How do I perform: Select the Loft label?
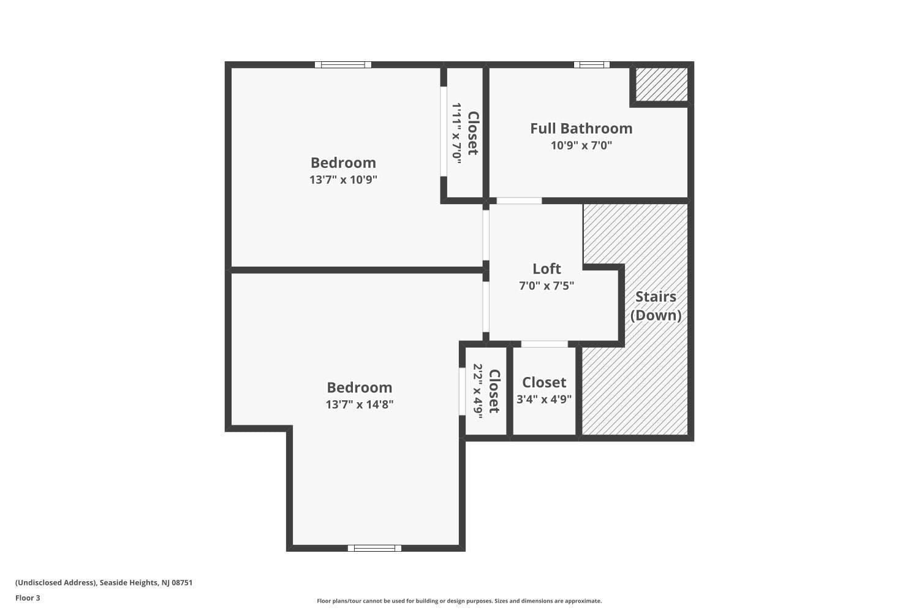pos(546,269)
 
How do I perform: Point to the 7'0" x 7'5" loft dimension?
pos(546,286)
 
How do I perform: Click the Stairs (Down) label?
pos(656,306)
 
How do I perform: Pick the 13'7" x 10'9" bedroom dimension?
pos(343,180)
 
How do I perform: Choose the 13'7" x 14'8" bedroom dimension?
pos(360,405)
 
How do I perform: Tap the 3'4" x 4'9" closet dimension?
pos(544,399)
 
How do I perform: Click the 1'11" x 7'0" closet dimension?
pos(457,134)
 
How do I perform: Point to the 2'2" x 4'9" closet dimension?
pos(478,391)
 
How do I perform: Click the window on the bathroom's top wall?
pos(592,64)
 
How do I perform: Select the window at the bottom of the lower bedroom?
pos(374,548)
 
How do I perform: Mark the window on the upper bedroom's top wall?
pos(343,64)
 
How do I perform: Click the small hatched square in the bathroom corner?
pos(661,84)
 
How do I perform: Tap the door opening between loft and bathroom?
pos(519,201)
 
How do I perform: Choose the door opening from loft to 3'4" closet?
pos(545,344)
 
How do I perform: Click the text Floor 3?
pos(28,598)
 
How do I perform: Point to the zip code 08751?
pos(182,582)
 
